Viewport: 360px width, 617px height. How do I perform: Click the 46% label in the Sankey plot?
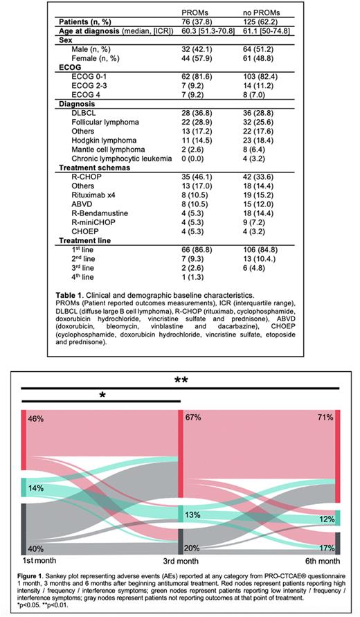click(36, 420)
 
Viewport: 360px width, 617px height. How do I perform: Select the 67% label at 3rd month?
click(192, 418)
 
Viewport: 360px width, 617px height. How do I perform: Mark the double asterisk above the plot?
click(181, 381)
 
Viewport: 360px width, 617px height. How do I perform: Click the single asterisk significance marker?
click(102, 395)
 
